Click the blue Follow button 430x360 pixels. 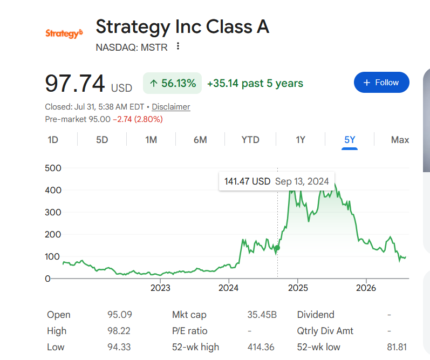[x=381, y=83]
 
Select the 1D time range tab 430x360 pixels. [x=53, y=140]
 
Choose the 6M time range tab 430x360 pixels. [x=200, y=140]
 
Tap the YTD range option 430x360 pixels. [x=250, y=140]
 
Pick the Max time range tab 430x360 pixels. [x=400, y=140]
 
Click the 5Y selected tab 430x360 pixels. [x=350, y=140]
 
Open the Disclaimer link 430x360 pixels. [x=171, y=107]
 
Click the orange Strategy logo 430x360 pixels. [x=64, y=33]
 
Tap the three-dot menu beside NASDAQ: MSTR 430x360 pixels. [x=178, y=46]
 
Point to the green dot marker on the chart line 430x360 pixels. [x=277, y=248]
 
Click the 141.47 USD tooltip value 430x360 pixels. [x=247, y=181]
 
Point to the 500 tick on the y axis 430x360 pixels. [x=53, y=168]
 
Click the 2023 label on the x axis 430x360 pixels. [x=160, y=288]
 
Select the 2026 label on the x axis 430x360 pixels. [x=366, y=288]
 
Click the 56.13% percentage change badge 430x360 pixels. [x=172, y=83]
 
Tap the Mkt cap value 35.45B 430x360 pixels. [x=262, y=315]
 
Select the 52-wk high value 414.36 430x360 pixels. [x=261, y=347]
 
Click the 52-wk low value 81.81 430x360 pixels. [x=397, y=347]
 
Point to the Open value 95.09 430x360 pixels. [x=120, y=315]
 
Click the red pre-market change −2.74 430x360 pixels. [x=122, y=119]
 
